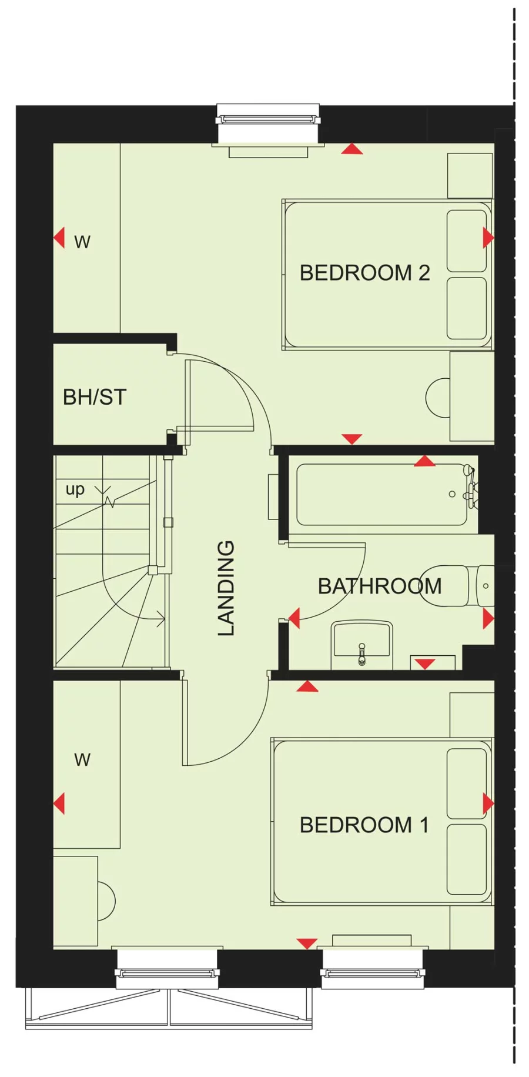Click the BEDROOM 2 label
(x=364, y=273)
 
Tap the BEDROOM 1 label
(x=364, y=825)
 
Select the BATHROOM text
(x=380, y=586)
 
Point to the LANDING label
(x=226, y=588)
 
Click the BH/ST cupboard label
(x=95, y=397)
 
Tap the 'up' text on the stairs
(x=75, y=489)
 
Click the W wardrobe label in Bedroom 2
(x=82, y=242)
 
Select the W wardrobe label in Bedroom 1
(x=82, y=759)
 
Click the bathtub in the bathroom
(x=382, y=495)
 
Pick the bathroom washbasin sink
(x=362, y=641)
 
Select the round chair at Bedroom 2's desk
(x=437, y=398)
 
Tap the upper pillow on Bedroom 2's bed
(x=467, y=241)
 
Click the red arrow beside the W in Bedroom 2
(x=59, y=238)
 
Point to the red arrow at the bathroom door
(x=294, y=618)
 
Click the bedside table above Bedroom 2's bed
(x=470, y=175)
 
